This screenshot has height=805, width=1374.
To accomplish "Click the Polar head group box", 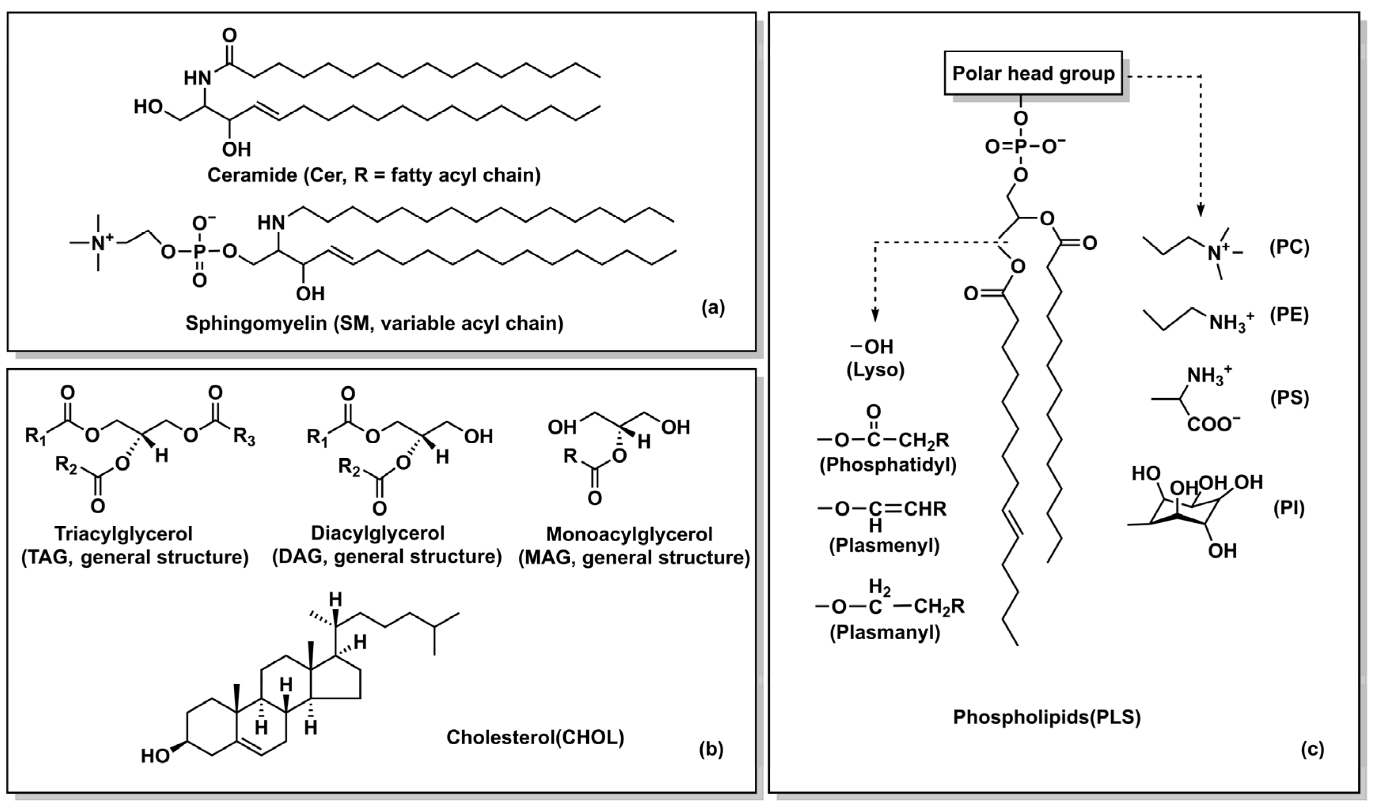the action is (1033, 73).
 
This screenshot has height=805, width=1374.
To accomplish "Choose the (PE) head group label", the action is (1289, 315).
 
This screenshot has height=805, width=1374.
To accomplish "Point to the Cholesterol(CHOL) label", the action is (535, 737).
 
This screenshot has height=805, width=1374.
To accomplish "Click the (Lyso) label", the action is (875, 370).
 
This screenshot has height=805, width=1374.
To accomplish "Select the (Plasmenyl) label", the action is (884, 545).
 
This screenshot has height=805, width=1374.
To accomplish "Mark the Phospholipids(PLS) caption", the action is (1047, 717).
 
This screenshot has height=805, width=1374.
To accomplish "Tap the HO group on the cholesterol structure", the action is (155, 756).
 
